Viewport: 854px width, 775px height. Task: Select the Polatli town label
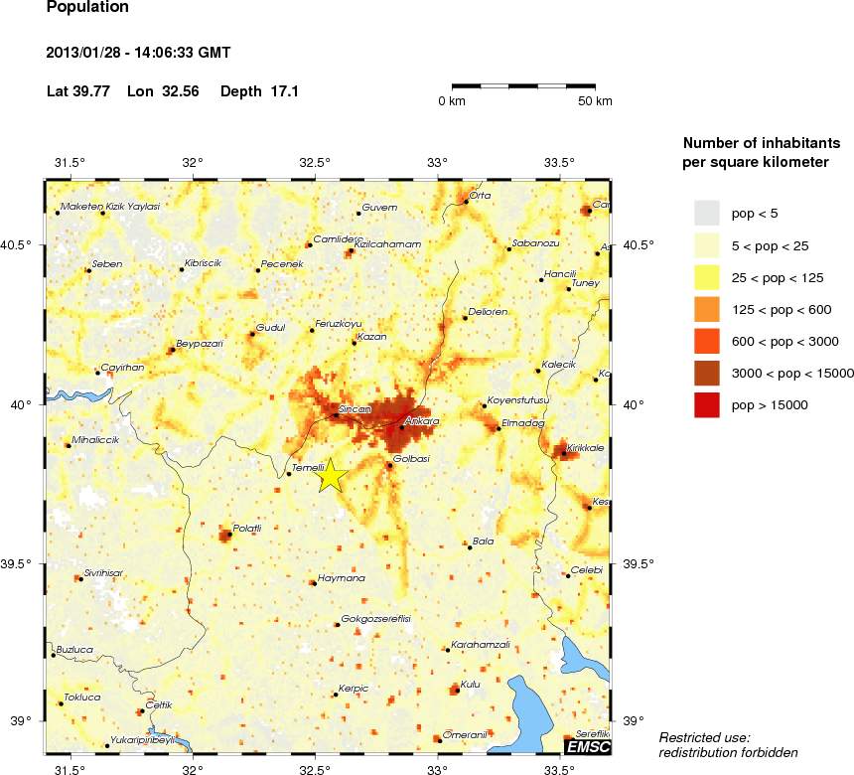point(246,529)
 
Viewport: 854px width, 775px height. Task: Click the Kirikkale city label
point(585,448)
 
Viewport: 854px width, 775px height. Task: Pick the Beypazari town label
point(200,344)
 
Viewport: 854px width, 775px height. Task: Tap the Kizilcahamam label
point(388,243)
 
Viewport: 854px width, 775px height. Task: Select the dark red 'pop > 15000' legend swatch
point(706,404)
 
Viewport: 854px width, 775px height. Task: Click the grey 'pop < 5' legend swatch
point(706,213)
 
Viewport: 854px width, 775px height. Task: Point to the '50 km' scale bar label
point(595,101)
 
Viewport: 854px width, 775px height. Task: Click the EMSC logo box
point(587,746)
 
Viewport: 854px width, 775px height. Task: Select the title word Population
point(87,8)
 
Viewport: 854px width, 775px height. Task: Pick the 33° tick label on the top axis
point(438,163)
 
